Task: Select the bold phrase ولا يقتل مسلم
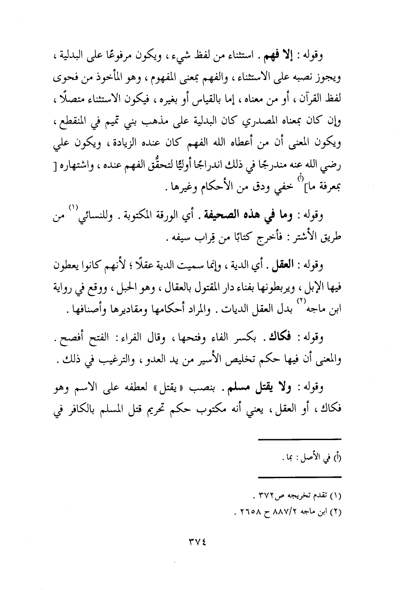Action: click(x=250, y=388)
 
